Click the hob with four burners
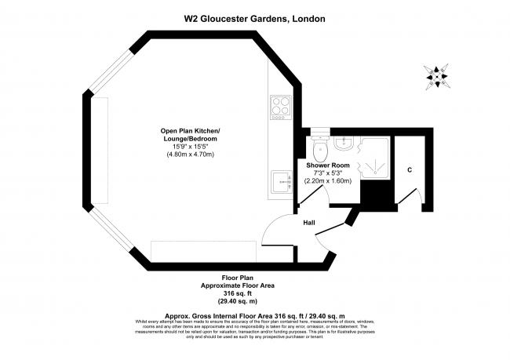click(x=280, y=107)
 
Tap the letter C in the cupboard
click(x=410, y=169)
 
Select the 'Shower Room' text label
click(x=328, y=165)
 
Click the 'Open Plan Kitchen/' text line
click(x=191, y=130)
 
